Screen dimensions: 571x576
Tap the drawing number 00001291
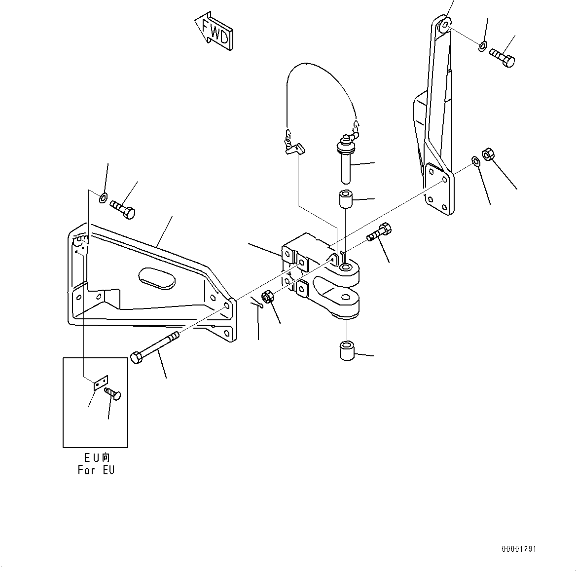[x=519, y=549]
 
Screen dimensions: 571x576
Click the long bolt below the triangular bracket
[x=156, y=347]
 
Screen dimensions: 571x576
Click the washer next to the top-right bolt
[x=482, y=46]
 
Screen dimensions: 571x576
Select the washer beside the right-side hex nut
[x=475, y=161]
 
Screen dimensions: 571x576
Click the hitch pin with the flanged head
[x=345, y=161]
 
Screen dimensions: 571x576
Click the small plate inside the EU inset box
[x=101, y=382]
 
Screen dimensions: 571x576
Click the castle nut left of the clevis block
[x=268, y=298]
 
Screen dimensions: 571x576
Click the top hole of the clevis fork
[x=346, y=267]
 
